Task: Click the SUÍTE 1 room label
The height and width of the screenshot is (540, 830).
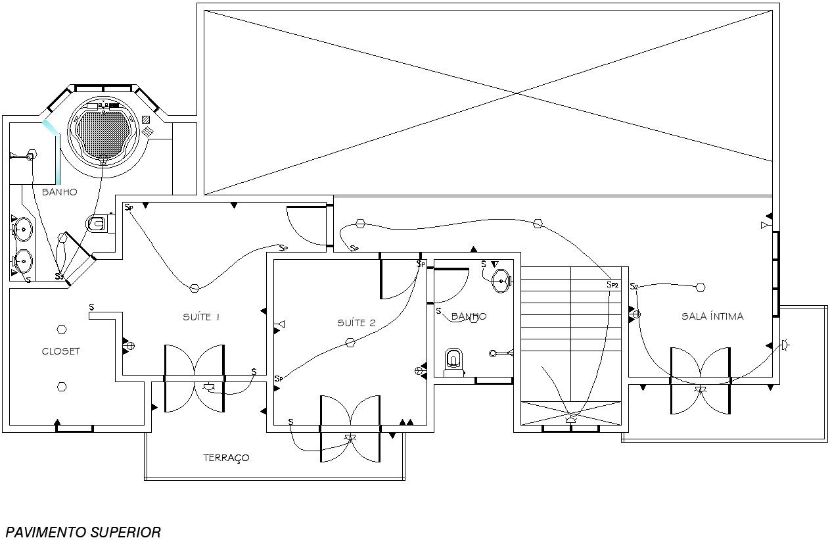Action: coord(200,317)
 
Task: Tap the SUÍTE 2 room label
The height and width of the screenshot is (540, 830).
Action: coord(356,323)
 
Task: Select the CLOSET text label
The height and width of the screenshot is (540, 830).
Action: coord(60,351)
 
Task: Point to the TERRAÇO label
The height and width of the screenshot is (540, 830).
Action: coord(226,458)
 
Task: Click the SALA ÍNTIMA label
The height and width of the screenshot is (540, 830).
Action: coord(712,316)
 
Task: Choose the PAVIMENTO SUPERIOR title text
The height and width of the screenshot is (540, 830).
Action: coord(83,532)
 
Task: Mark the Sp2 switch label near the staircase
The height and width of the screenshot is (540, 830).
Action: coord(612,285)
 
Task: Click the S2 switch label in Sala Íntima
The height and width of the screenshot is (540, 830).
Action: coord(634,287)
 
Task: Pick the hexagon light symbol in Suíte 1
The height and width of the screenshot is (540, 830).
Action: coord(194,288)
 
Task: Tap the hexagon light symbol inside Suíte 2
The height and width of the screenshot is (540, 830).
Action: coord(350,342)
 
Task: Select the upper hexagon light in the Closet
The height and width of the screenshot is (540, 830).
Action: coord(62,329)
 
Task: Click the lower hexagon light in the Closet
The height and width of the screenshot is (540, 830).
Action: coord(62,387)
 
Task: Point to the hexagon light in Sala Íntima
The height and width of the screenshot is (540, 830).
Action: coord(701,287)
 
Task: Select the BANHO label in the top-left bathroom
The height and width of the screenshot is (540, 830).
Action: coord(60,192)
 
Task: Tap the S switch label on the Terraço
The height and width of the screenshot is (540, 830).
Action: coord(290,422)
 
